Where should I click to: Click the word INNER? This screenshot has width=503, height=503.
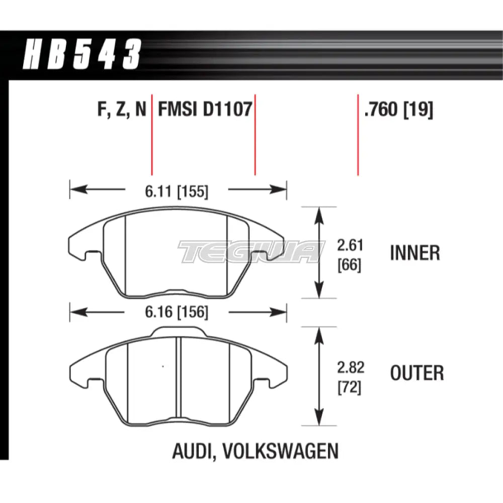pos(415,253)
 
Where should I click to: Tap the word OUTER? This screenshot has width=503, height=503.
pos(417,373)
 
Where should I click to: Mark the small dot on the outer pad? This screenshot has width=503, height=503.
pos(162,366)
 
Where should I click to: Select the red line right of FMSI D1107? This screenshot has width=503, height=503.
pos(255,135)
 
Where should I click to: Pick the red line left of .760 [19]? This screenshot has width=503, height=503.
pos(358,135)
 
